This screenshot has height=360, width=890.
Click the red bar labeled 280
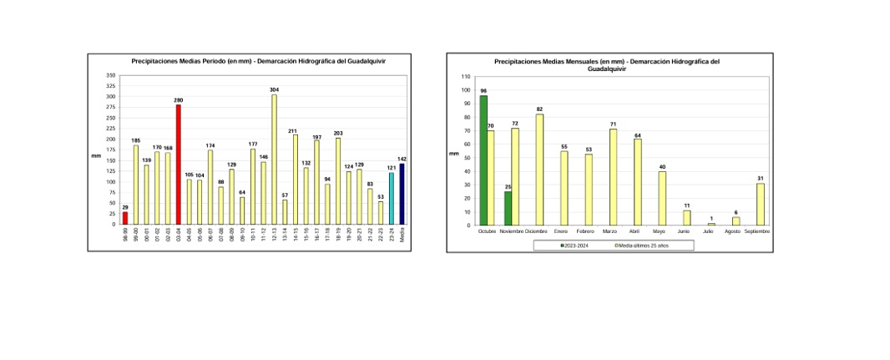click(x=178, y=165)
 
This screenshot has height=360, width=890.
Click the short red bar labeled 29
click(x=125, y=218)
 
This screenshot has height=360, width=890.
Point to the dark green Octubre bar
click(x=483, y=160)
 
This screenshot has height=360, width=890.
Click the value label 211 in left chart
click(x=293, y=130)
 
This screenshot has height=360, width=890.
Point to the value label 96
click(x=483, y=90)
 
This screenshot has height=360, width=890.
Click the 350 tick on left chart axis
click(x=111, y=76)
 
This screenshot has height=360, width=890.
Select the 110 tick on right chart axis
click(x=467, y=77)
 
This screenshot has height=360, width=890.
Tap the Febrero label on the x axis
click(x=585, y=231)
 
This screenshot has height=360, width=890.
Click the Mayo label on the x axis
click(x=660, y=231)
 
